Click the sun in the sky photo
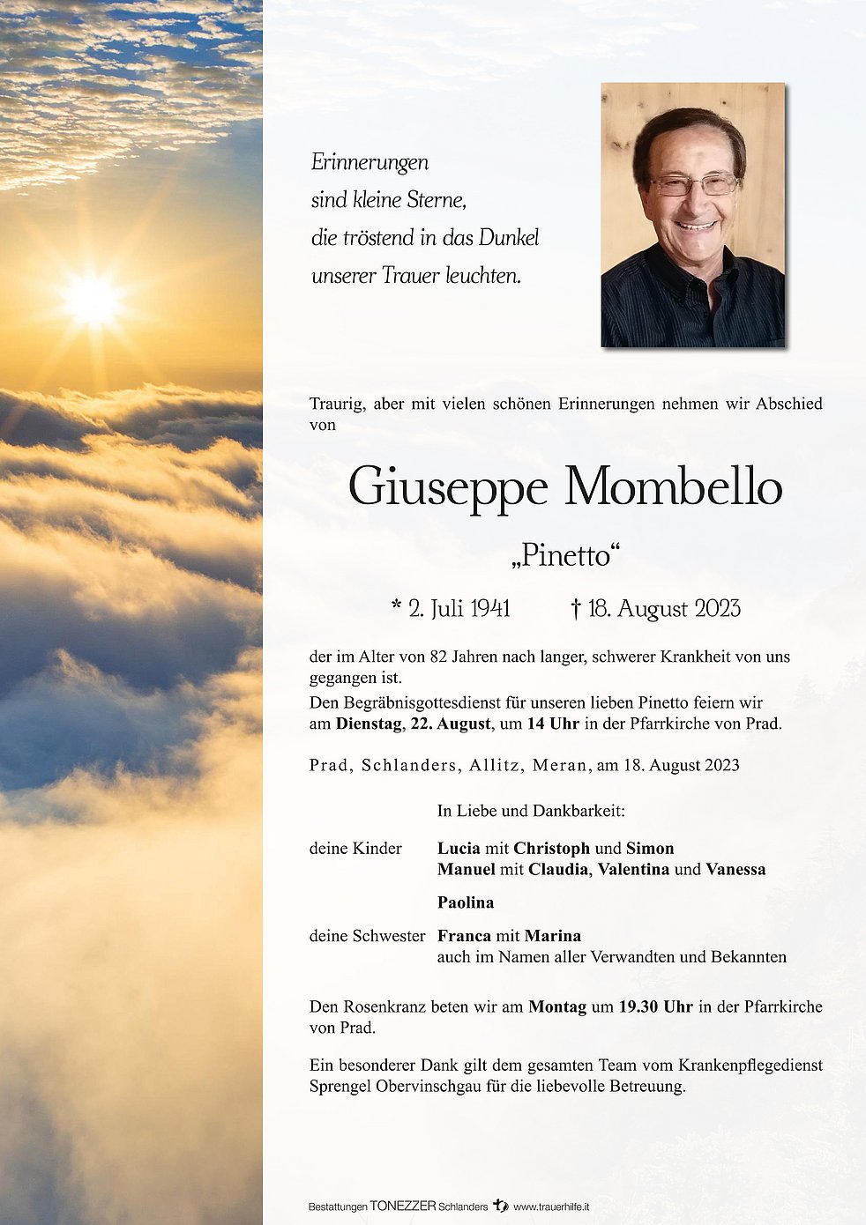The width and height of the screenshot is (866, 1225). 92,301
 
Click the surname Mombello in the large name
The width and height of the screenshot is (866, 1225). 673,487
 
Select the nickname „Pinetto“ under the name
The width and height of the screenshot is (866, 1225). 565,555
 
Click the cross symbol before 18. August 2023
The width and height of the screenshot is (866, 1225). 576,609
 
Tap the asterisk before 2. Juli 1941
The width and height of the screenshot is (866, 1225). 397,607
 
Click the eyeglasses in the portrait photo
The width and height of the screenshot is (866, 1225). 694,185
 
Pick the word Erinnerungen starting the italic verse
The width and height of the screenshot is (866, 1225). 370,162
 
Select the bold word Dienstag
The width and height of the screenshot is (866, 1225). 368,724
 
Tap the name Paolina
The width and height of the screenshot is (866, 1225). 466,902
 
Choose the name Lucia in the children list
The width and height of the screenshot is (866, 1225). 459,849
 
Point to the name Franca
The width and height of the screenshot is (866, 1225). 464,936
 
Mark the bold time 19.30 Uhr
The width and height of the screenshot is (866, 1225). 655,1006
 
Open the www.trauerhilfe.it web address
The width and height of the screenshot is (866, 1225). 551,1206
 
